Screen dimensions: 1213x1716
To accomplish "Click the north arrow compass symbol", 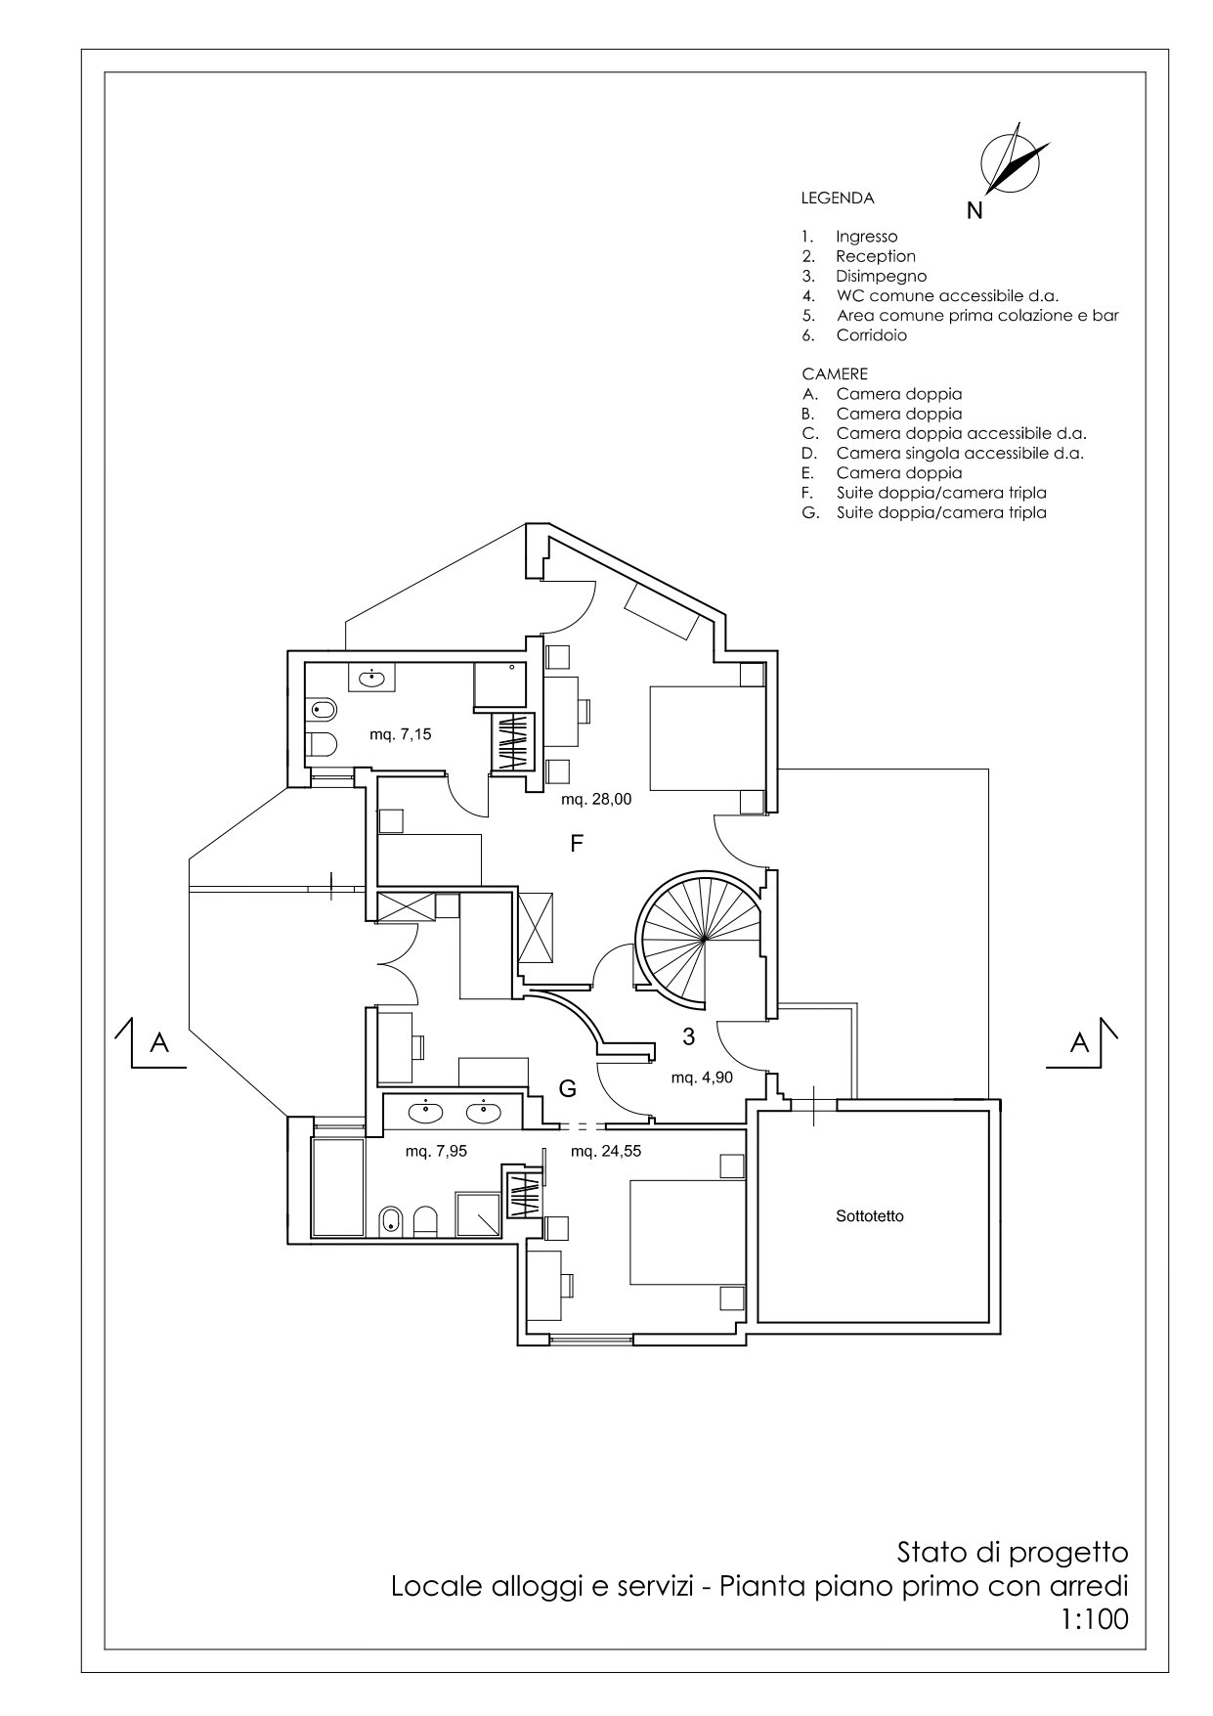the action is pyautogui.click(x=1015, y=158).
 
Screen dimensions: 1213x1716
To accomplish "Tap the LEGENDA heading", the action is pyautogui.click(x=838, y=198).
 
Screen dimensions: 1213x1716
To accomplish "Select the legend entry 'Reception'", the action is pyautogui.click(x=876, y=256).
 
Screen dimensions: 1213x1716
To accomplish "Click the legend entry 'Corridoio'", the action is pyautogui.click(x=872, y=335).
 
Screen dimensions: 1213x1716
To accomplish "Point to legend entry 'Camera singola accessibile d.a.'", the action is pyautogui.click(x=960, y=453).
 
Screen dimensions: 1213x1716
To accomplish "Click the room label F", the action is pyautogui.click(x=577, y=844).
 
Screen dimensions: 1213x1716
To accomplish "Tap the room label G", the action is pyautogui.click(x=567, y=1088).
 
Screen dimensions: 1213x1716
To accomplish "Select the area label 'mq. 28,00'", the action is pyautogui.click(x=596, y=799).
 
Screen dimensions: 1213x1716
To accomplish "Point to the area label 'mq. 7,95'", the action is pyautogui.click(x=436, y=1151).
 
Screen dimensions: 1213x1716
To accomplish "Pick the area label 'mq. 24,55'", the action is pyautogui.click(x=606, y=1151).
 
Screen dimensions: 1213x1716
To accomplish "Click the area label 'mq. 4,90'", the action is pyautogui.click(x=702, y=1078).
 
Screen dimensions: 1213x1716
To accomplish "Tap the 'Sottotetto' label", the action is pyautogui.click(x=870, y=1216).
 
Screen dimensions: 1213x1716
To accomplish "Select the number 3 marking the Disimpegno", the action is pyautogui.click(x=688, y=1036).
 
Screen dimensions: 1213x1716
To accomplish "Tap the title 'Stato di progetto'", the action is pyautogui.click(x=1013, y=1553).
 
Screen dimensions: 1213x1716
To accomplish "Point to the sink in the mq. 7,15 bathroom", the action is pyautogui.click(x=372, y=677).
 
